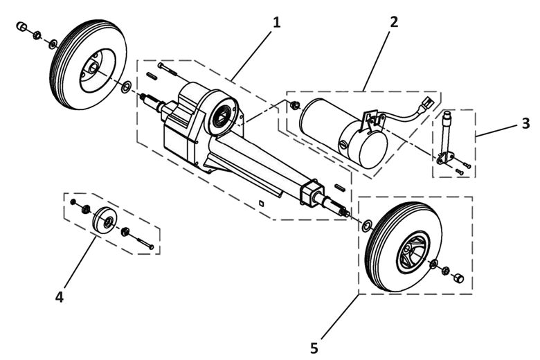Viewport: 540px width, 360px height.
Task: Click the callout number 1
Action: [x=276, y=23]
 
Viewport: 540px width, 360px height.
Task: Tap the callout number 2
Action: [x=394, y=22]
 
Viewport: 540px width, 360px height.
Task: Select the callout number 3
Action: [x=525, y=123]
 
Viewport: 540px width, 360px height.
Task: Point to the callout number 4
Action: [x=60, y=297]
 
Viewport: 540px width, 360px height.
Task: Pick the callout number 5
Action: [x=314, y=348]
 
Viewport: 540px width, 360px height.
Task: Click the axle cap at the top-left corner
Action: [x=21, y=26]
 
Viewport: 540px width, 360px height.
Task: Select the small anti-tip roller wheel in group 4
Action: [x=105, y=221]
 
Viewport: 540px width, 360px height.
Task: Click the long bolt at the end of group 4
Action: [x=145, y=243]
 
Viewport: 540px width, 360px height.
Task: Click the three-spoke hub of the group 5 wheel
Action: [x=413, y=252]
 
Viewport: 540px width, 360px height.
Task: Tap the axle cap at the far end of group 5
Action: [x=458, y=278]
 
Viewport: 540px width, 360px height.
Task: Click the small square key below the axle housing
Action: [x=262, y=204]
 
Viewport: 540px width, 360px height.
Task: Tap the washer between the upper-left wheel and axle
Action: [x=127, y=87]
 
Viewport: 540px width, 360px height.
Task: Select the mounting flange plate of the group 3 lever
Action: [x=444, y=159]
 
